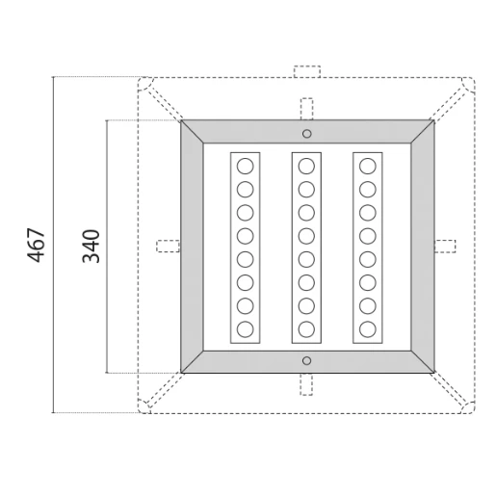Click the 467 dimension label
[x=36, y=246]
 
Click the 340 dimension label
[x=91, y=246]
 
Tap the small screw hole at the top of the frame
[x=306, y=133]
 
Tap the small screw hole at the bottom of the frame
[x=306, y=360]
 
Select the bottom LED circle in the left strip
[x=245, y=329]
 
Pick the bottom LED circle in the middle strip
[x=306, y=329]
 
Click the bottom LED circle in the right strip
[x=367, y=329]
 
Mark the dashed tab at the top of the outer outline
[x=306, y=72]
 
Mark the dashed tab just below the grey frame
[x=306, y=383]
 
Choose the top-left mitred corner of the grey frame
[x=192, y=131]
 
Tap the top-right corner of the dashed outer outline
[x=471, y=81]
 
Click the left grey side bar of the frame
[x=192, y=246]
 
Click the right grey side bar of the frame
[x=421, y=246]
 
